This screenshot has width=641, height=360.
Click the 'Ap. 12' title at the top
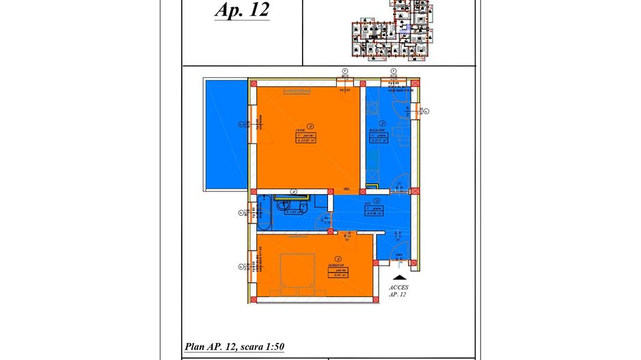tap(242, 11)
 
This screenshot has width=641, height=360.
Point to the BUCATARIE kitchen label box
tap(377, 136)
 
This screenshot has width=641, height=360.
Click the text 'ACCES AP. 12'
tap(398, 292)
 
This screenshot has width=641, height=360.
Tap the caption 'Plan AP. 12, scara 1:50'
tap(234, 346)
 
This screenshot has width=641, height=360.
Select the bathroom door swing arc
tap(321, 220)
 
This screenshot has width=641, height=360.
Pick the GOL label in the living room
tap(347, 189)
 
